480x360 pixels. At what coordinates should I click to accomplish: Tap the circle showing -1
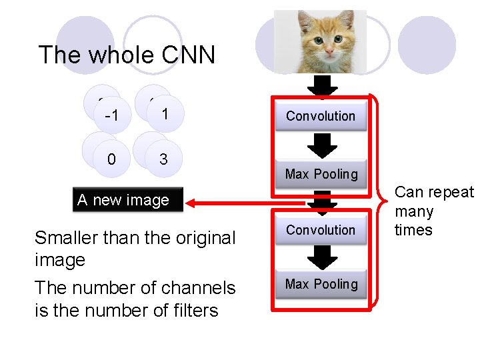111,115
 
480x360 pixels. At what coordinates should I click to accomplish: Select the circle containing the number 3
163,159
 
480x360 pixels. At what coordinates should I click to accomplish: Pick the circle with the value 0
111,159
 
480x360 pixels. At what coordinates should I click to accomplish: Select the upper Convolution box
321,116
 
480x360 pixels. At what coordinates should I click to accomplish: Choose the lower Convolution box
321,230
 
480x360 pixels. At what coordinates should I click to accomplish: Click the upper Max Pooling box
321,174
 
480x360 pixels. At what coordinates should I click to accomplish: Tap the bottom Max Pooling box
321,284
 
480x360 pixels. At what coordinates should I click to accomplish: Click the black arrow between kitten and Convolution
323,86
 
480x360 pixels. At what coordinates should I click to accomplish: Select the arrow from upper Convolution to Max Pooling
323,145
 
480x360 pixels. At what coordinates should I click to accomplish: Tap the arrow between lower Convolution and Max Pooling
323,257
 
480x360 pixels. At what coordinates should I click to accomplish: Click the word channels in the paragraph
200,288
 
